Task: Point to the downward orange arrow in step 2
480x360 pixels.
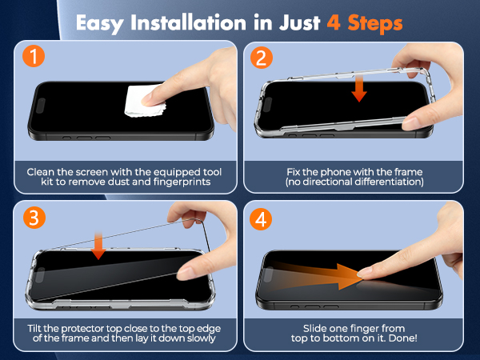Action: (x=360, y=87)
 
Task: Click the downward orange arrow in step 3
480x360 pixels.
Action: (x=99, y=245)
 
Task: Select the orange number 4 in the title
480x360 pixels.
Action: (x=335, y=21)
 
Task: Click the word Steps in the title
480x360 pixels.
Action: (x=376, y=21)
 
